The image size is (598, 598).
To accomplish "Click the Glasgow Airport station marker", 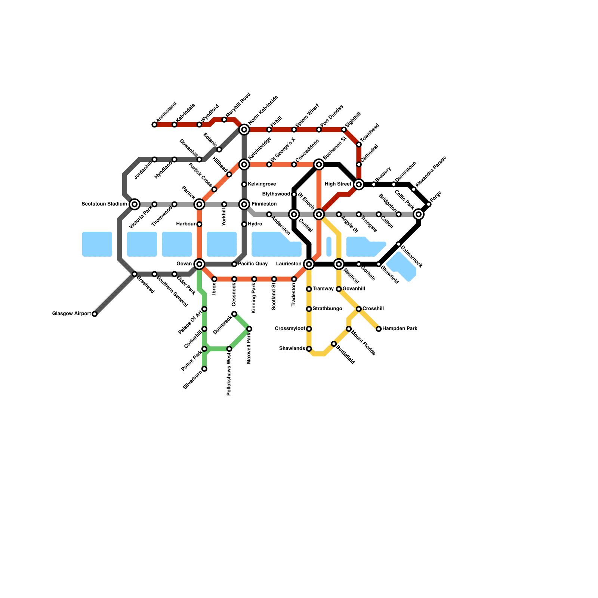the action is coord(95,314).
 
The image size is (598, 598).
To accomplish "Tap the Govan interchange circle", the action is coord(199,264).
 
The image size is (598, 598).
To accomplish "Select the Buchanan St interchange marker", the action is coord(319,164).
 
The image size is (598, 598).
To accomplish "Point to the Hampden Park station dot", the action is coord(379,329).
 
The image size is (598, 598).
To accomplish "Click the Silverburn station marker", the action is coord(204,369).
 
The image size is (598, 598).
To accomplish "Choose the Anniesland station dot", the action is coord(154,124).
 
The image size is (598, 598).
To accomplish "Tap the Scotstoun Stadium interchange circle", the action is coord(135,204).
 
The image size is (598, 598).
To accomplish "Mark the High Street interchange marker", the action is coord(359,184).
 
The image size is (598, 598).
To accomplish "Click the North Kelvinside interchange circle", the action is coord(244,130).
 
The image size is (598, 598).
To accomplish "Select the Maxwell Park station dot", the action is coord(249,329).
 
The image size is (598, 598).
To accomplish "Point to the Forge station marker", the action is coord(429,204).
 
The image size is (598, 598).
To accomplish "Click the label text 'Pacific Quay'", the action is coord(253,264).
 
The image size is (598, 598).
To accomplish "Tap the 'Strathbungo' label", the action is coord(327,309).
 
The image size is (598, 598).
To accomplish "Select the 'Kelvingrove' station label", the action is coord(262,184).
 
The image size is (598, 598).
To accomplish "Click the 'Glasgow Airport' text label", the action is coord(71,314).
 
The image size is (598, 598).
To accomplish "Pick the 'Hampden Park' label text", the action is coord(400,329).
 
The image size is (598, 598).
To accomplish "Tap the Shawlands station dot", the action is coord(309,349).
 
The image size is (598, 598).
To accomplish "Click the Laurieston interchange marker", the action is coord(309,264).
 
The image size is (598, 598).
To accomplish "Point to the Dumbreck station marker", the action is coord(234,314).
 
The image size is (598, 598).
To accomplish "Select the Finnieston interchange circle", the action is coord(244,204).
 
